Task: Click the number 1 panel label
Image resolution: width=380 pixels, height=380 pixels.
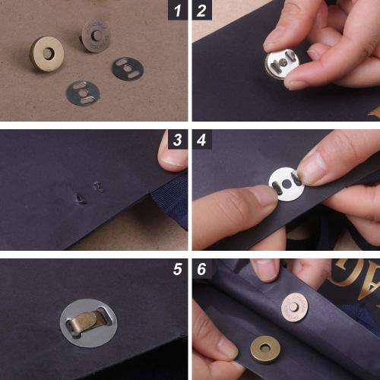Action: (x=177, y=11)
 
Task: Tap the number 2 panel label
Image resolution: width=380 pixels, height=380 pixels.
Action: (x=201, y=11)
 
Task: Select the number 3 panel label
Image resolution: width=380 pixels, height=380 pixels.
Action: (x=177, y=140)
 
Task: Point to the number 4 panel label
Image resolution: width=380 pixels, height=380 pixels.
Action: (x=201, y=140)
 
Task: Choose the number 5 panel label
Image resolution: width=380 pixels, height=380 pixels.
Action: (x=177, y=269)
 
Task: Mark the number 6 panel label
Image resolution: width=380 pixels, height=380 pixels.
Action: (x=201, y=269)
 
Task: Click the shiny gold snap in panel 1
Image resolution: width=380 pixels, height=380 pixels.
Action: (x=47, y=53)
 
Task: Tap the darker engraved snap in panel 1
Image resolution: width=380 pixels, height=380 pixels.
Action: (x=94, y=34)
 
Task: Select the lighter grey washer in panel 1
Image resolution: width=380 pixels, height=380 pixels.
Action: (x=82, y=93)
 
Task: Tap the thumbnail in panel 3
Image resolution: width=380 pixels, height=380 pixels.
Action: (x=174, y=158)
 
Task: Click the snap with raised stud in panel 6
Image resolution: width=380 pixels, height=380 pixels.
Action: (x=293, y=306)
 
